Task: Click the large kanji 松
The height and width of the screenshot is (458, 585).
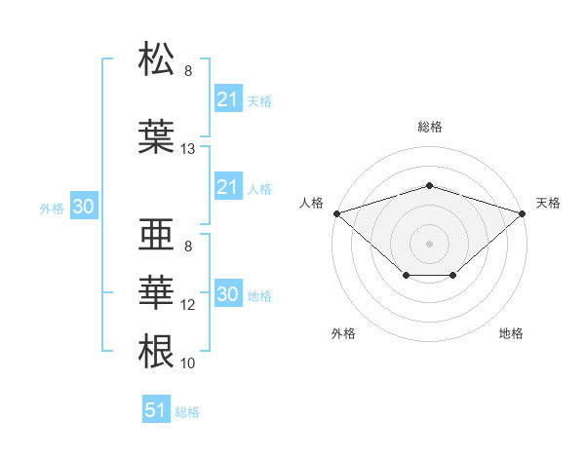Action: click(156, 58)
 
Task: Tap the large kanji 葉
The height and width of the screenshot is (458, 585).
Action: click(156, 136)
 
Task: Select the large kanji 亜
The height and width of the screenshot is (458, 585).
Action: click(156, 234)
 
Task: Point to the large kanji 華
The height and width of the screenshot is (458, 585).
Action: click(156, 292)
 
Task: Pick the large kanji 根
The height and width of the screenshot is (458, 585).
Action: click(156, 351)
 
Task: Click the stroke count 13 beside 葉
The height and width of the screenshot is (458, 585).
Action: click(187, 149)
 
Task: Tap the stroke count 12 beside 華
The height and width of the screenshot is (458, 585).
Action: click(187, 305)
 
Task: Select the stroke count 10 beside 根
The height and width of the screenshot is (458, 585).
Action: click(187, 363)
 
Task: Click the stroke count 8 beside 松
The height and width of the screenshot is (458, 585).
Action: click(188, 71)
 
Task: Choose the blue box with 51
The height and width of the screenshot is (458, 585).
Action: click(156, 408)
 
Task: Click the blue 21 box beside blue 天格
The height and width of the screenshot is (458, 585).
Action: click(228, 98)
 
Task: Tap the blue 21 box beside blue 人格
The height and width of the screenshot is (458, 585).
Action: click(228, 186)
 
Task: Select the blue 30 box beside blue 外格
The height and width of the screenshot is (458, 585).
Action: click(84, 206)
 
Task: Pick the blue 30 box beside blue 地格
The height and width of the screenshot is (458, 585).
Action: click(228, 292)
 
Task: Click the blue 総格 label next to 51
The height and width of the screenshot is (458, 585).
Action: click(187, 412)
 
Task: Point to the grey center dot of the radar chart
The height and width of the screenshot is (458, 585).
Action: click(429, 244)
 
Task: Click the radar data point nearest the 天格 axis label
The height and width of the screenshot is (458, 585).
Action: click(523, 213)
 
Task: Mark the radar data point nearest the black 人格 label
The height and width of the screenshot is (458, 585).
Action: click(337, 213)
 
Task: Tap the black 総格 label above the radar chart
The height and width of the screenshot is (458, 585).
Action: click(430, 127)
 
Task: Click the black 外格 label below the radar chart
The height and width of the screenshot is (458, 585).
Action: click(343, 333)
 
